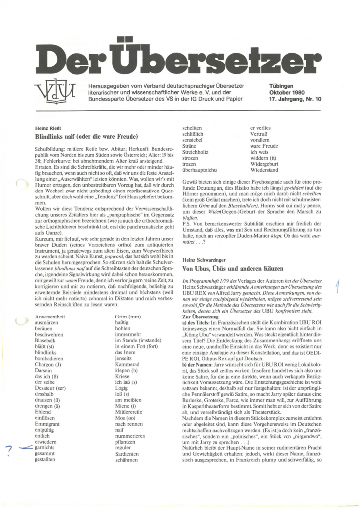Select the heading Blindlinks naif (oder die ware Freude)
click(x=86, y=135)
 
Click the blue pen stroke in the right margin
click(x=336, y=285)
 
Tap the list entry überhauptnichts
click(x=204, y=170)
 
